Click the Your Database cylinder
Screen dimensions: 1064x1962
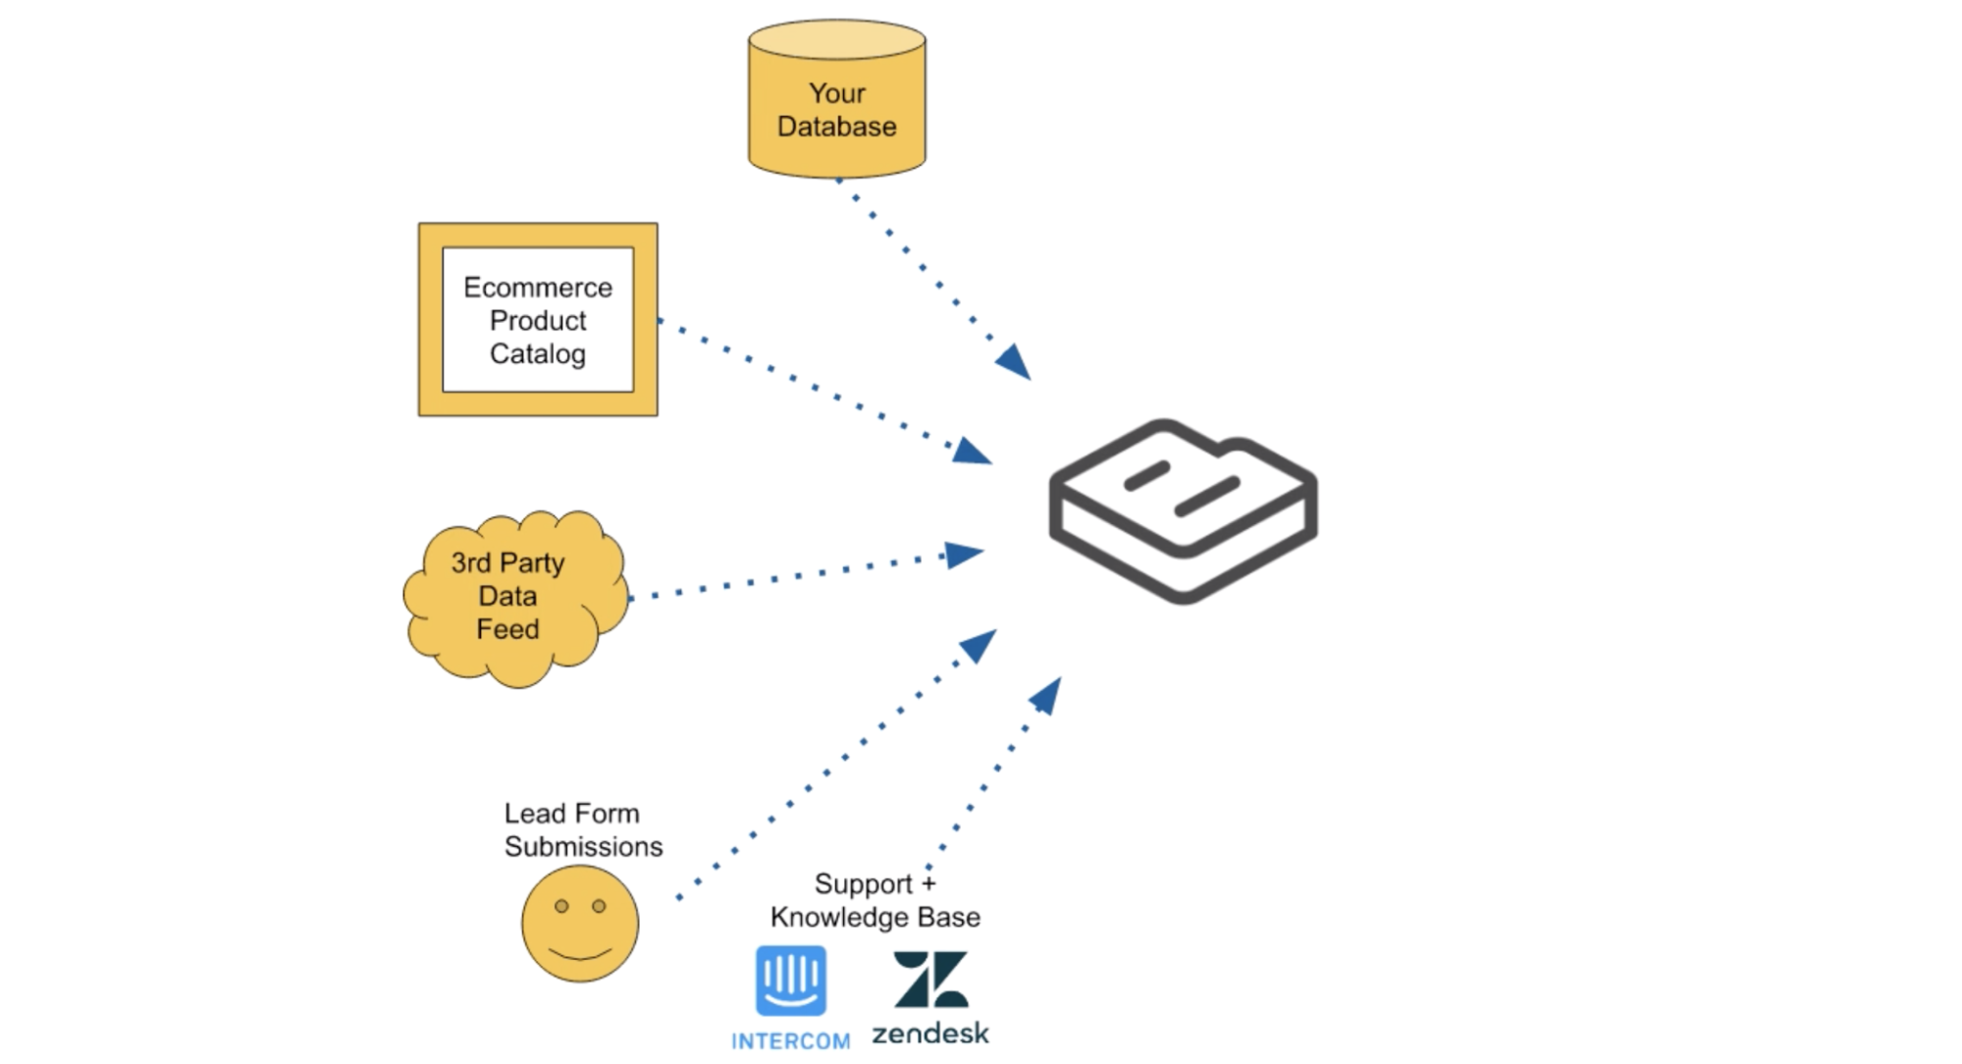click(x=836, y=98)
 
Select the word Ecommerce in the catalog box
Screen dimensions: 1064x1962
click(x=537, y=288)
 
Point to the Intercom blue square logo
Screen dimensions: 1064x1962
click(x=790, y=981)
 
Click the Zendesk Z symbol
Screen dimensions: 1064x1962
click(x=930, y=979)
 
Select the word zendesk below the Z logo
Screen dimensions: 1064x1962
click(x=930, y=1033)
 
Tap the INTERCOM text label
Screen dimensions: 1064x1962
click(x=790, y=1041)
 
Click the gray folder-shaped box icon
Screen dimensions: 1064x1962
click(x=1183, y=509)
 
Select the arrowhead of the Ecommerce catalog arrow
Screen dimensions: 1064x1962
click(x=973, y=452)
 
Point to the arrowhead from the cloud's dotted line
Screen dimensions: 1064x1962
click(x=963, y=555)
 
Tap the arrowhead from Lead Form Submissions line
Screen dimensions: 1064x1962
click(x=980, y=645)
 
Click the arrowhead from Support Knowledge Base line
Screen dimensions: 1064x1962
click(x=1046, y=695)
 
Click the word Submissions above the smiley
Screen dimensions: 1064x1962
click(x=583, y=846)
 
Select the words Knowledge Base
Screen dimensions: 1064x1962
click(x=875, y=917)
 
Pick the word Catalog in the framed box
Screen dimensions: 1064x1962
click(x=537, y=353)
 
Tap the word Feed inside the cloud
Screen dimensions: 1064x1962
click(x=507, y=629)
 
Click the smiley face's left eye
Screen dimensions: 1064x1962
click(x=561, y=906)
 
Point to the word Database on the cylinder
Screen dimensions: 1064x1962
click(x=836, y=127)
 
